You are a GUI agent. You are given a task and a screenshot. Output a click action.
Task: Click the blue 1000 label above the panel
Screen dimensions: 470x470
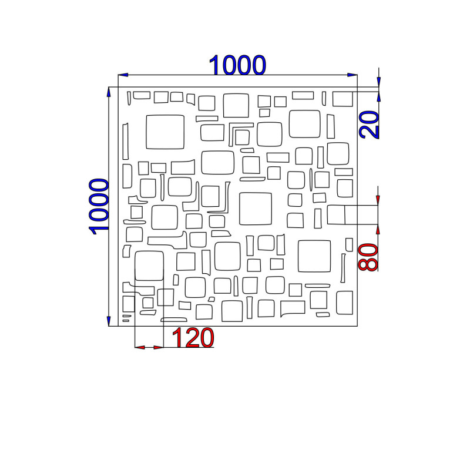[x=237, y=65]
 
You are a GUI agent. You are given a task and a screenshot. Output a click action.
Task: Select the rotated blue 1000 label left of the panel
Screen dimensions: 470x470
[x=99, y=206]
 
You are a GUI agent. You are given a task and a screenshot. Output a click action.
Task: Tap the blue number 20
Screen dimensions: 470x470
[x=370, y=125]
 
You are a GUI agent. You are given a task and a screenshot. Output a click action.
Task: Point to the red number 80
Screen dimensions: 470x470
[x=368, y=257]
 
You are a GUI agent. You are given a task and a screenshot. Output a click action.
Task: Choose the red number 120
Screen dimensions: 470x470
[x=193, y=337]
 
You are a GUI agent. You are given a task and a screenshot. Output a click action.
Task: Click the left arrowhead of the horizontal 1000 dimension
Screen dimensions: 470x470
[x=123, y=75]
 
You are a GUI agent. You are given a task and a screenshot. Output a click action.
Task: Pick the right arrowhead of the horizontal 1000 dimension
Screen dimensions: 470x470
[x=352, y=75]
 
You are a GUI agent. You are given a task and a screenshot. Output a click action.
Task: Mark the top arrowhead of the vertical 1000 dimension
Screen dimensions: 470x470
[x=109, y=92]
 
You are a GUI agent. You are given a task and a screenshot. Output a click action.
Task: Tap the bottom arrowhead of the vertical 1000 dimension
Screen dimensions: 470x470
[x=109, y=321]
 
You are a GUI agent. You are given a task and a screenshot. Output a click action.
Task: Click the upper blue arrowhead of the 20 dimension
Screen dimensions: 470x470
[x=378, y=82]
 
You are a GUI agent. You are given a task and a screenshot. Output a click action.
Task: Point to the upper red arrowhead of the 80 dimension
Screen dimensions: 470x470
[x=378, y=200]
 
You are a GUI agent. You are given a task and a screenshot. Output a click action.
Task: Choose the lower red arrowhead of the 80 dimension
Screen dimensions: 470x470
[x=378, y=229]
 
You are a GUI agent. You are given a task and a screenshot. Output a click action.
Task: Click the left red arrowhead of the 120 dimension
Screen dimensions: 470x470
[x=140, y=347]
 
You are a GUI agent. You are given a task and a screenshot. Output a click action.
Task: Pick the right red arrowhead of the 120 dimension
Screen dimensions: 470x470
[x=159, y=347]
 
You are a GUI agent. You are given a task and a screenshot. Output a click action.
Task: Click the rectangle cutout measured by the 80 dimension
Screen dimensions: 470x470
[x=327, y=214]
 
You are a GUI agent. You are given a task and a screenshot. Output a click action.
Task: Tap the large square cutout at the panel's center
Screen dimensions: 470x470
[x=240, y=209]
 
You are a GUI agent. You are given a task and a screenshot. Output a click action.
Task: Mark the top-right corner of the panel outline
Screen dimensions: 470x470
[x=357, y=87]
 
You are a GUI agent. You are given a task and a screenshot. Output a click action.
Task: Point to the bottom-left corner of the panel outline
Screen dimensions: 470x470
[x=118, y=326]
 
